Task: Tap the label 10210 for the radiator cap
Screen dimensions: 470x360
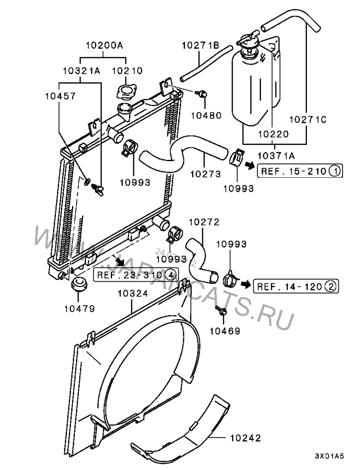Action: tap(127, 71)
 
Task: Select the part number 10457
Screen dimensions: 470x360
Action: tap(60, 96)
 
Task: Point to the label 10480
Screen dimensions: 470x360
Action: tap(206, 115)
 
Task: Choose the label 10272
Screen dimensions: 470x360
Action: tap(203, 222)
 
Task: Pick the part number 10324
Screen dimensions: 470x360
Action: tap(132, 294)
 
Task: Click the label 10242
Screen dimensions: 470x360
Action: tap(245, 438)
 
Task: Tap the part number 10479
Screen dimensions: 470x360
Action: tap(79, 309)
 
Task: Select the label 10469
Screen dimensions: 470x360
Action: tap(225, 330)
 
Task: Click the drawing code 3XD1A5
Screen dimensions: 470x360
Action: tap(329, 456)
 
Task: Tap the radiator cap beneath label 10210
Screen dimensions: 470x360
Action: tap(125, 91)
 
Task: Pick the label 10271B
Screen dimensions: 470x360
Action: tap(200, 45)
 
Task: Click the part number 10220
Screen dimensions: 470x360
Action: tap(274, 134)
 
